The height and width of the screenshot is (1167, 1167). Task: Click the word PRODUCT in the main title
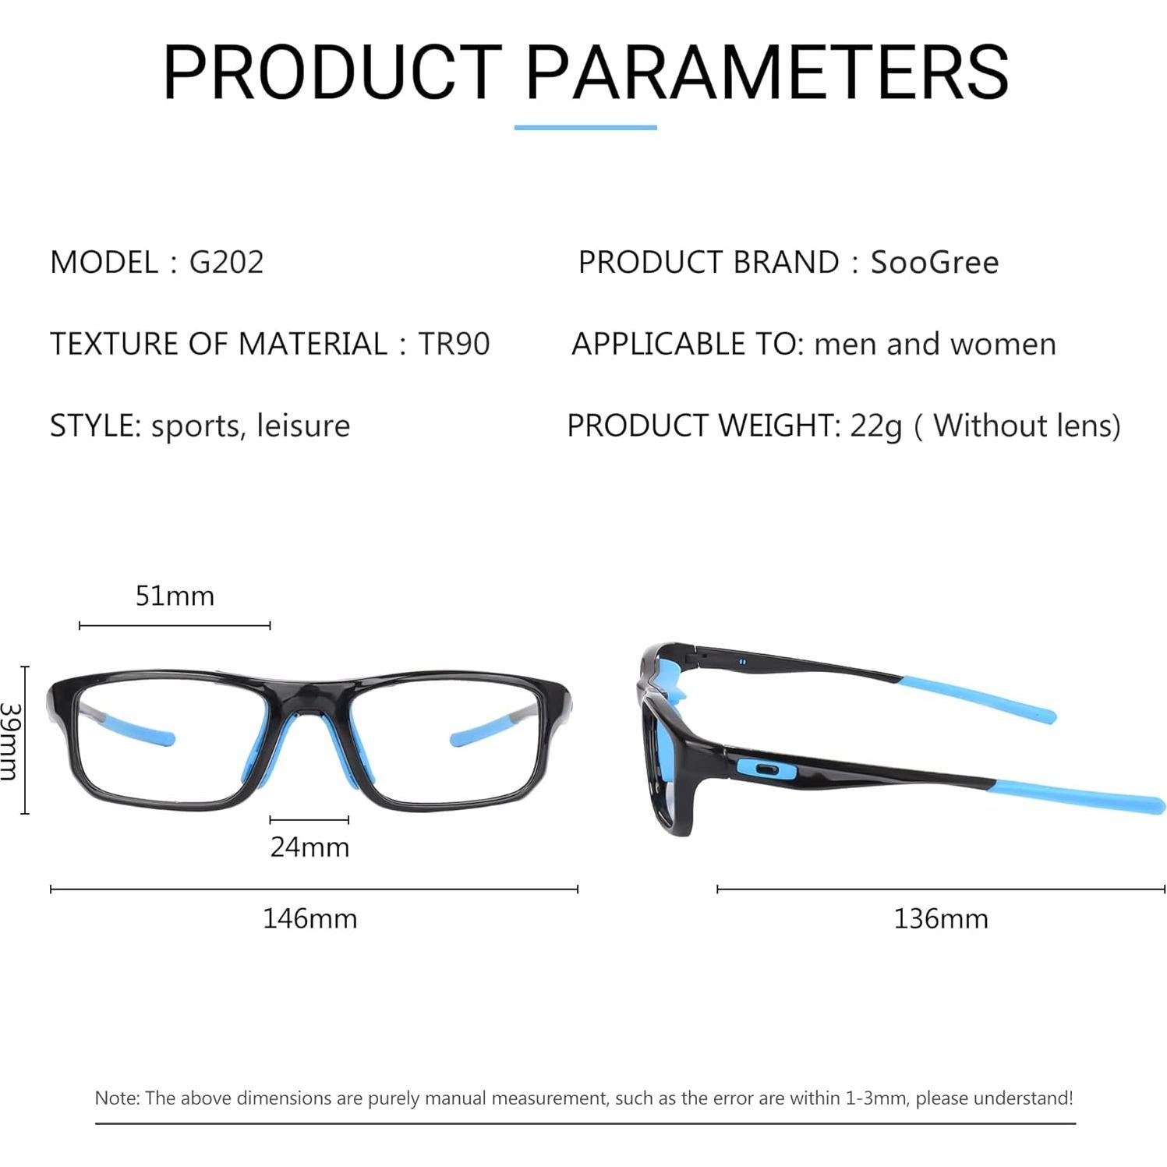click(x=332, y=72)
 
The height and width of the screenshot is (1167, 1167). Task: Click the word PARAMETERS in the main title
click(x=767, y=72)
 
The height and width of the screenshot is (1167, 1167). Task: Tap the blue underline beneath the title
click(x=585, y=127)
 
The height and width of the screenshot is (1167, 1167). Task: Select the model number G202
click(x=226, y=262)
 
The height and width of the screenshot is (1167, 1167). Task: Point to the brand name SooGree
click(x=934, y=262)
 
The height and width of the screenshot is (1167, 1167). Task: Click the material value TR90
click(x=454, y=344)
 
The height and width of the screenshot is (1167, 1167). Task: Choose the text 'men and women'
click(x=935, y=344)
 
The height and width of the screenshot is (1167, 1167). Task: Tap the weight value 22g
click(x=875, y=426)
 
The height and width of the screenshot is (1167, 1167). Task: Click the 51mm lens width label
click(x=175, y=596)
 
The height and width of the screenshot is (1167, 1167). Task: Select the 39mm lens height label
click(x=9, y=740)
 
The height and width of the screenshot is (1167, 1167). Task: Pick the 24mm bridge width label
click(x=309, y=847)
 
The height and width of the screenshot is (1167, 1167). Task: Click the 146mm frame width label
click(x=309, y=918)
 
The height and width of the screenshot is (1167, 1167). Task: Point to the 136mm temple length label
click(x=940, y=918)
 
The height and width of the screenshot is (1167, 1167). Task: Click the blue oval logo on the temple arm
click(x=766, y=769)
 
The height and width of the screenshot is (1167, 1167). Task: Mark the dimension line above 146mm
click(x=313, y=889)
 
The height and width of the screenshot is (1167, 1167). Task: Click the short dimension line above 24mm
click(x=309, y=819)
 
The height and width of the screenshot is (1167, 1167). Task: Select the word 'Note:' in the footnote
click(x=117, y=1098)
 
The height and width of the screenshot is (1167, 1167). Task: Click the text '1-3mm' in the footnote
click(x=879, y=1098)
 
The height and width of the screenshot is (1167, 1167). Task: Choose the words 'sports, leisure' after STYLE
click(x=250, y=426)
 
